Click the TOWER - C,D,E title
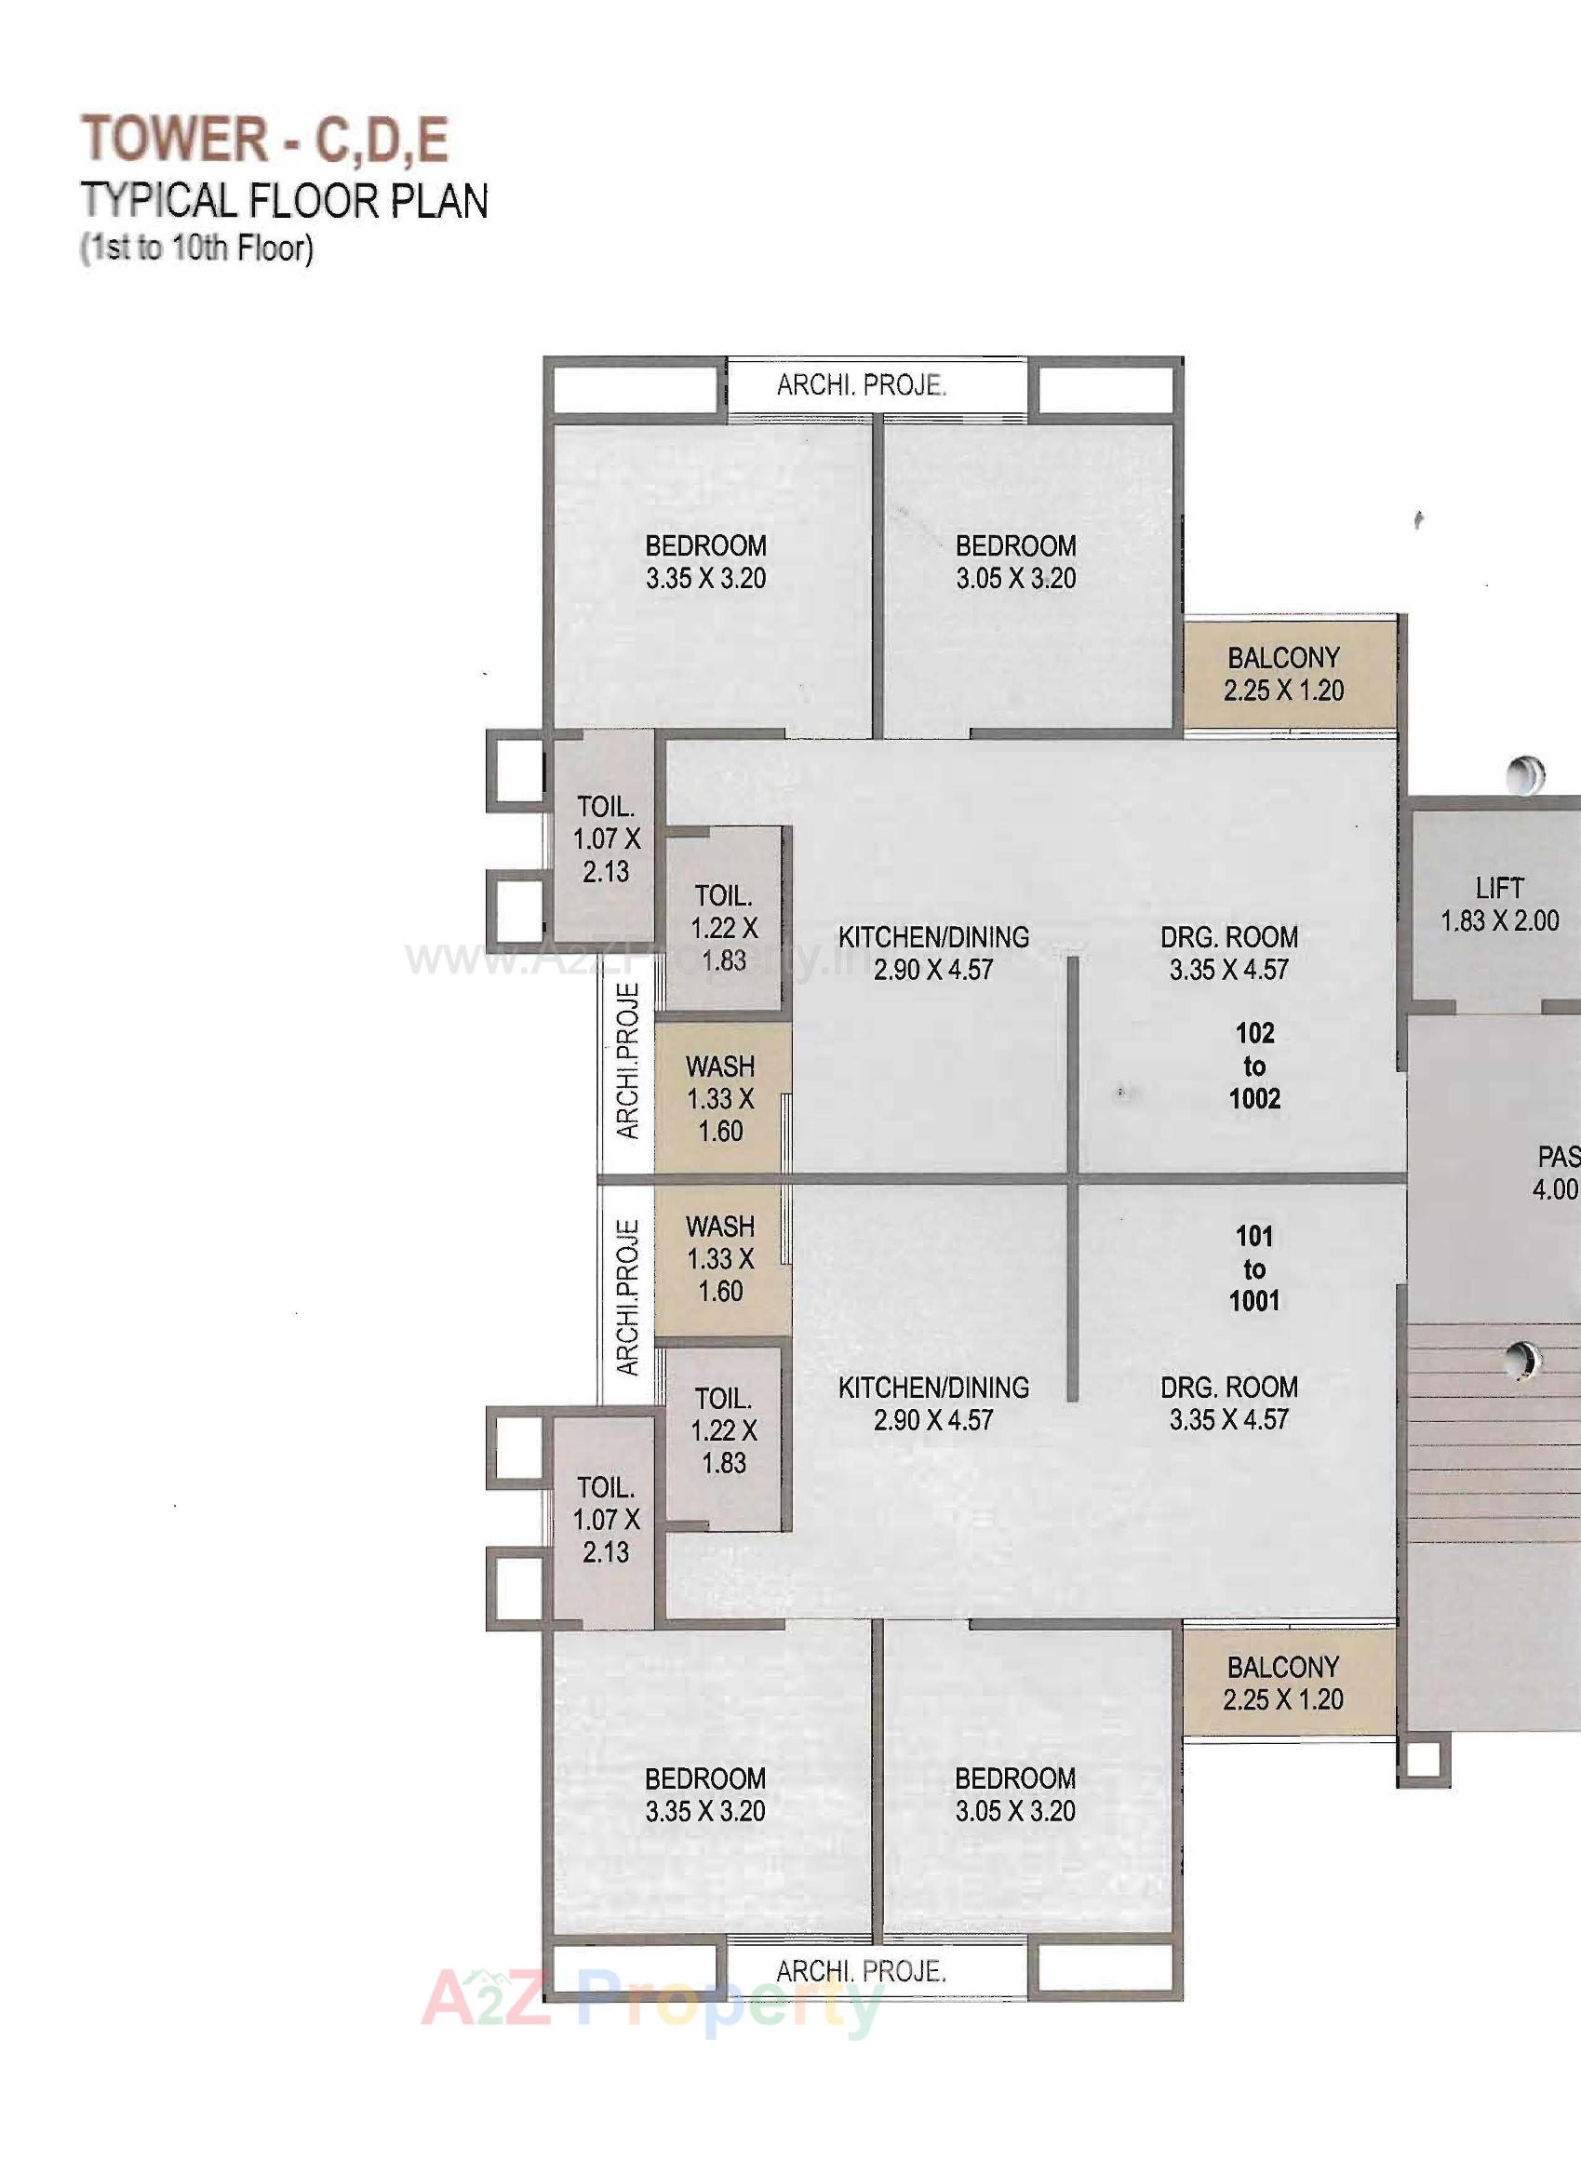264,139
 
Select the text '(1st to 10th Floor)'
197,248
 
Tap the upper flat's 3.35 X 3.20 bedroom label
705,562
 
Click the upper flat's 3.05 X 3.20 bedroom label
1015,562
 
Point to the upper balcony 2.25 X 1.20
1283,674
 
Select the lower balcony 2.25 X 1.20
1283,1684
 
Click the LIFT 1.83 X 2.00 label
1499,904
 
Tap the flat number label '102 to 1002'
1254,1065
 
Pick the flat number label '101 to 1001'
1254,1268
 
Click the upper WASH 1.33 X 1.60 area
720,1098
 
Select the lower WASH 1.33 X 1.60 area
720,1258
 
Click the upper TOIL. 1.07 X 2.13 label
606,839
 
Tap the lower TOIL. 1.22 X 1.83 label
723,1430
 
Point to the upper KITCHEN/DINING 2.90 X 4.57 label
933,953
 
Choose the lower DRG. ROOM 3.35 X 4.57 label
1229,1403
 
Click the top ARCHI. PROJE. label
861,385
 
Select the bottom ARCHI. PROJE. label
861,1972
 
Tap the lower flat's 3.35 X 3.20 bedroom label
705,1794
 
